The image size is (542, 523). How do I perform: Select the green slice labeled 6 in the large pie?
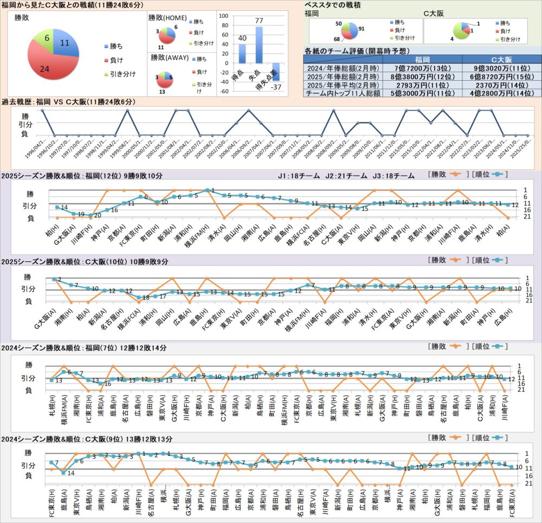click(x=47, y=39)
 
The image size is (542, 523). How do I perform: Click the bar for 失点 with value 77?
click(x=259, y=44)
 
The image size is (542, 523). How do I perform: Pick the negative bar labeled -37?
click(x=276, y=72)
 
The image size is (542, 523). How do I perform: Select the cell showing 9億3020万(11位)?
click(x=502, y=69)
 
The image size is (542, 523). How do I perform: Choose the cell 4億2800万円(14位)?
click(x=502, y=93)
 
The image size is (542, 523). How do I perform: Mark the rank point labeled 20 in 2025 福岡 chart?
click(x=91, y=215)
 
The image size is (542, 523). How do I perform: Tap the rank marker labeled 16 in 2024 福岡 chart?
click(x=101, y=383)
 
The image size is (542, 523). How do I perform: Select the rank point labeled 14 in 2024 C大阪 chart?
click(x=64, y=473)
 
